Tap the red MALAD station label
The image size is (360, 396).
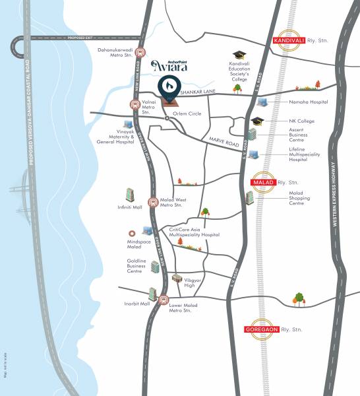tap(265, 182)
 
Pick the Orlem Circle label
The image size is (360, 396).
tap(187, 113)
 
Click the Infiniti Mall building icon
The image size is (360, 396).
tap(130, 195)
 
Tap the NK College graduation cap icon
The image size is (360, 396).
tap(256, 121)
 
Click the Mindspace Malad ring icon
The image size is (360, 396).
tap(132, 233)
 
